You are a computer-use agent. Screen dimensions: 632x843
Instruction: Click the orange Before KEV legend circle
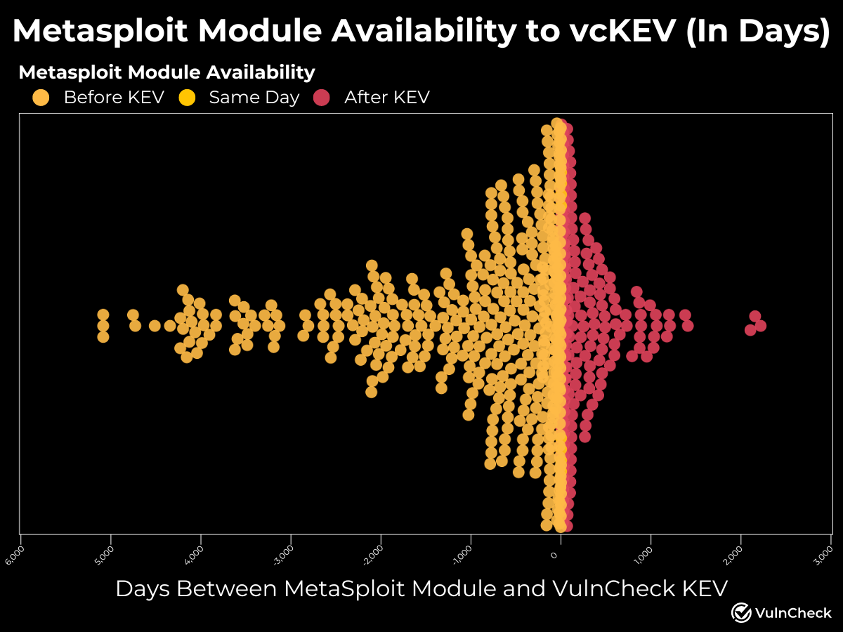pyautogui.click(x=41, y=98)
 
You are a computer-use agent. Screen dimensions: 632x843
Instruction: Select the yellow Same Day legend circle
pyautogui.click(x=187, y=98)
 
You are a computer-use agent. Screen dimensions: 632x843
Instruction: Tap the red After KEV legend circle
pyautogui.click(x=321, y=98)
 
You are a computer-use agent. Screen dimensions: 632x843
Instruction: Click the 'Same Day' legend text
pyautogui.click(x=254, y=98)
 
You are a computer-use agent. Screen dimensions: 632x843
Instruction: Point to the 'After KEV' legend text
pyautogui.click(x=386, y=98)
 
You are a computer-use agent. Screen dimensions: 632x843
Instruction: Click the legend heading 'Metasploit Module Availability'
pyautogui.click(x=166, y=72)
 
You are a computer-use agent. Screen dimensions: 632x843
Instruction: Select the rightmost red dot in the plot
pyautogui.click(x=760, y=326)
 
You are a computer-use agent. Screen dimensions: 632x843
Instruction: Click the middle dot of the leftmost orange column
pyautogui.click(x=103, y=326)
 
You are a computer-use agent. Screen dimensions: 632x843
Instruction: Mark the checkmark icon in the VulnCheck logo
pyautogui.click(x=741, y=612)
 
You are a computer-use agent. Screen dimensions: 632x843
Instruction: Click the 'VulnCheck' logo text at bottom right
pyautogui.click(x=792, y=613)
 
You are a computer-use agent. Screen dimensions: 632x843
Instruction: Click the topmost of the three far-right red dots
pyautogui.click(x=755, y=316)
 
